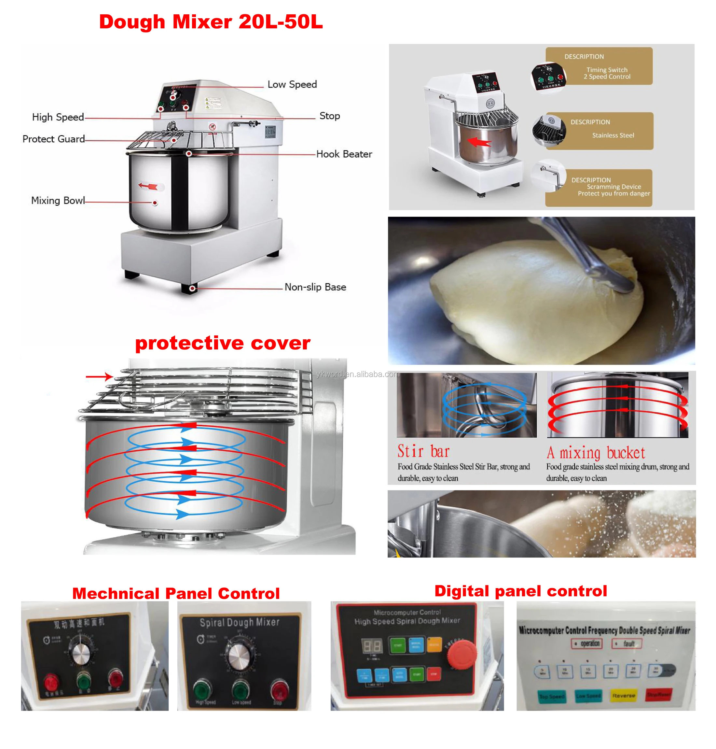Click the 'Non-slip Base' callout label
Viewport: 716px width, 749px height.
point(315,287)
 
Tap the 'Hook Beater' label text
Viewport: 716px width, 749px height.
point(344,154)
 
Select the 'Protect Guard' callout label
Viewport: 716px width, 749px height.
point(53,139)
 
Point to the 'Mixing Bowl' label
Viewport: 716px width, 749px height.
point(58,201)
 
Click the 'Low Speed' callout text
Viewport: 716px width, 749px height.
point(292,84)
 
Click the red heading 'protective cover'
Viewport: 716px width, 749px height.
point(223,343)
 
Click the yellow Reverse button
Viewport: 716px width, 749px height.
point(623,696)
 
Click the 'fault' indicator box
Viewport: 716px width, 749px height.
point(627,643)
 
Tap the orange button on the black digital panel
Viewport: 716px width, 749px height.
point(434,645)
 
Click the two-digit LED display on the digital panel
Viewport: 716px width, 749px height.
point(372,646)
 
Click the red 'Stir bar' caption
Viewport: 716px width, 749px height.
point(423,451)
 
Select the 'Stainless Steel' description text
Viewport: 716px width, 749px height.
point(613,135)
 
